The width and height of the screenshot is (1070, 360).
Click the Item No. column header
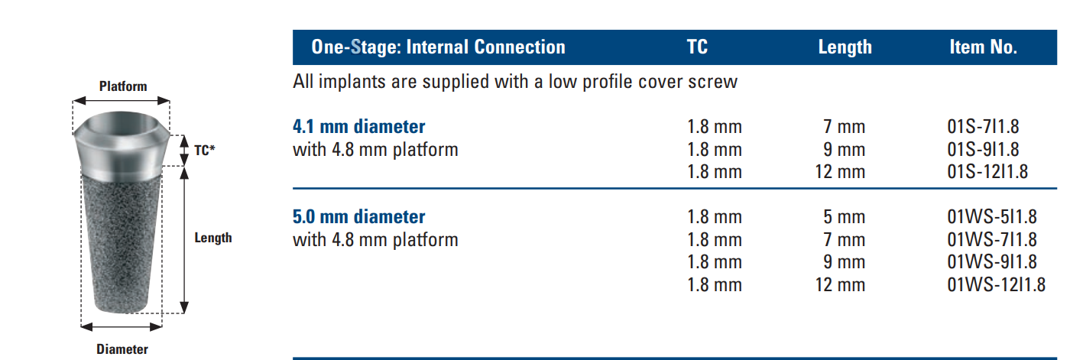point(983,47)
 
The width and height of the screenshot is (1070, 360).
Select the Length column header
point(845,47)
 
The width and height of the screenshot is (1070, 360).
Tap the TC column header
point(697,47)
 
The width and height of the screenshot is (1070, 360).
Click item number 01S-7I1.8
point(983,127)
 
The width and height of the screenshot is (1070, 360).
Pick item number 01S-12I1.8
point(987,171)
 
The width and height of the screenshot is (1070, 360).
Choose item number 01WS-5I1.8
point(992,217)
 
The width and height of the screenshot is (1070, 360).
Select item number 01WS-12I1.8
point(997,284)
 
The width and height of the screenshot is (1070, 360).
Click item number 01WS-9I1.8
point(992,261)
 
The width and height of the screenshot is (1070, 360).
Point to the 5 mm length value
point(844,217)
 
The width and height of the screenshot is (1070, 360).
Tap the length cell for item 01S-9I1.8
point(844,150)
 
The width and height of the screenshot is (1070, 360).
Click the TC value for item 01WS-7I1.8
point(715,239)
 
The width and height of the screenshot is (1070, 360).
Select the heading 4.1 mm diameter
point(358,127)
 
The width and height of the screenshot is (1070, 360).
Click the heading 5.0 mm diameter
point(358,217)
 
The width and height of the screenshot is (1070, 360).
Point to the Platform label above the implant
point(123,86)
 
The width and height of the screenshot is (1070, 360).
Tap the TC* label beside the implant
point(205,151)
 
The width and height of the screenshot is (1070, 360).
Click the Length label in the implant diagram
point(213,238)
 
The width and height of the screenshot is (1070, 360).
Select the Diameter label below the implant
point(122,349)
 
